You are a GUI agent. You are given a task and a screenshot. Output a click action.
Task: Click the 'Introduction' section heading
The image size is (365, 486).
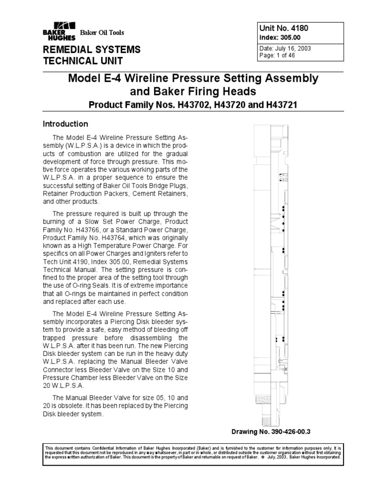point(66,124)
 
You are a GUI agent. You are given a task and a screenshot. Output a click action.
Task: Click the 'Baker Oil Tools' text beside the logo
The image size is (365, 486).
point(102,33)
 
